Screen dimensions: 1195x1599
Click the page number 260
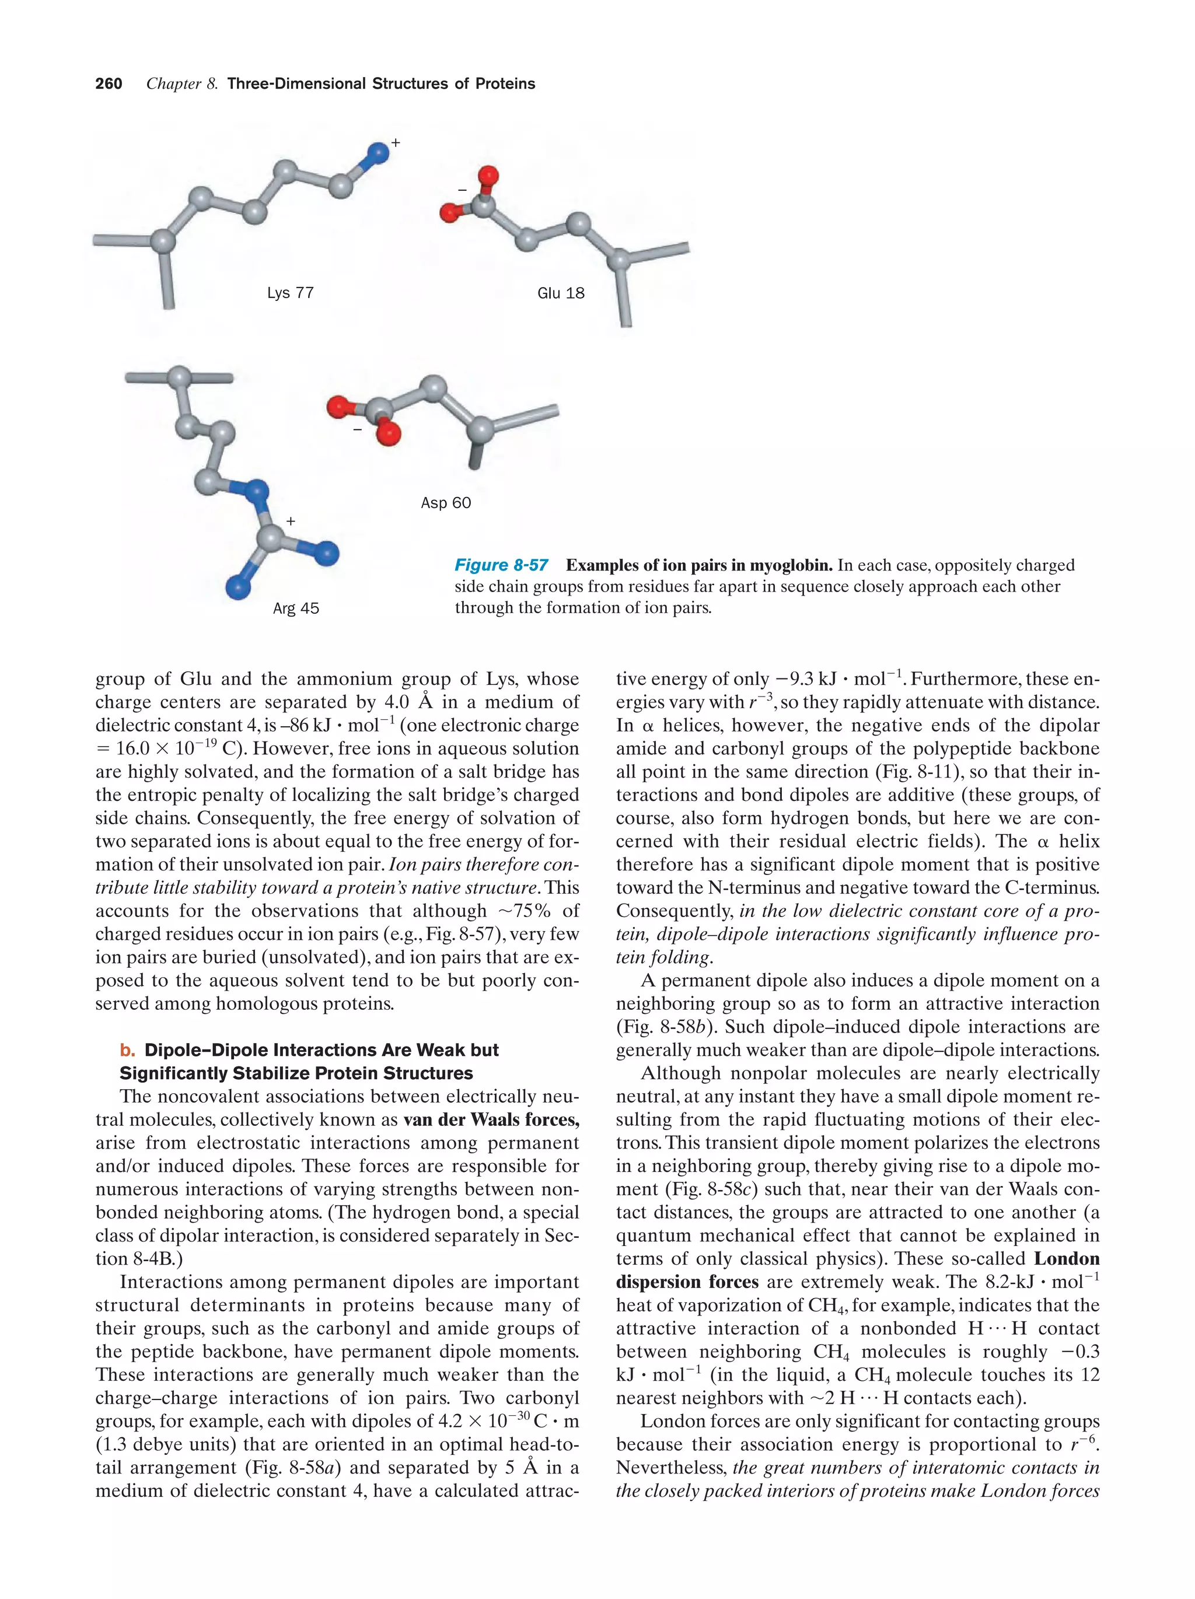point(109,84)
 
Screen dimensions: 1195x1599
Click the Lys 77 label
point(290,293)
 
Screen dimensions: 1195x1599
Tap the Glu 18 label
point(560,293)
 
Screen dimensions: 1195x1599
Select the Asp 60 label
point(445,502)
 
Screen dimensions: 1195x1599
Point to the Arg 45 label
point(296,608)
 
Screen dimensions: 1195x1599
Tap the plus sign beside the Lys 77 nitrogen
point(396,143)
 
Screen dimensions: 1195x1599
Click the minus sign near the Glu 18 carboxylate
point(462,190)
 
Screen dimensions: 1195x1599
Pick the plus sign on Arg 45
point(291,520)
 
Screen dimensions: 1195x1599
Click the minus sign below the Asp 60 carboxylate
point(357,429)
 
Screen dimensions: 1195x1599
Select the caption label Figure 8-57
point(501,565)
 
